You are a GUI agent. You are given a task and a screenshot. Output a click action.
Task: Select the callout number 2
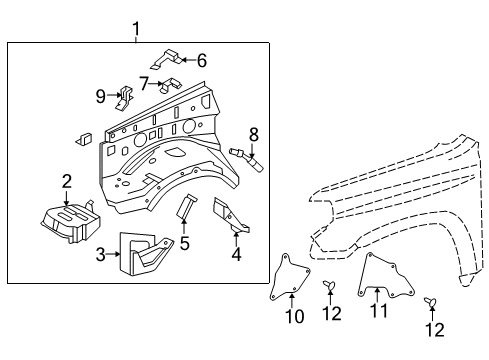point(67,181)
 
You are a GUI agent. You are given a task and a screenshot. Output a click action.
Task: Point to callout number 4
point(235,253)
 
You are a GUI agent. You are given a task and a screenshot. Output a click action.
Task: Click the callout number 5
point(184,242)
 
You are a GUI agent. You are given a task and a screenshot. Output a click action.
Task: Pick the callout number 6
point(201,60)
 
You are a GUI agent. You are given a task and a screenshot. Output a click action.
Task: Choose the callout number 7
point(144,82)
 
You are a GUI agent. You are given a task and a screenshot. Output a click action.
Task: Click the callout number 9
point(101,96)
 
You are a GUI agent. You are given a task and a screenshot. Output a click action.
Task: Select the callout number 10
point(294,317)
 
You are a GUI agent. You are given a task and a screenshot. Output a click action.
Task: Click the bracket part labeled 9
point(124,98)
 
